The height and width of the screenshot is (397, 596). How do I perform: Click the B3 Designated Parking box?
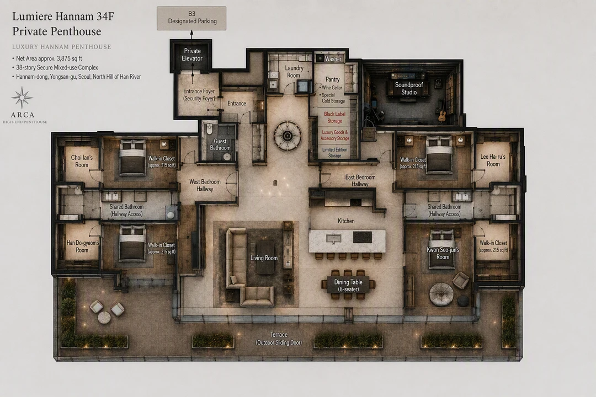[x=191, y=18]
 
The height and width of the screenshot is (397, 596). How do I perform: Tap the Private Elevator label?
[x=193, y=55]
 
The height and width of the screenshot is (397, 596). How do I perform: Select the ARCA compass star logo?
[x=22, y=98]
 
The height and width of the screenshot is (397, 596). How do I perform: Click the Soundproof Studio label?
[x=409, y=89]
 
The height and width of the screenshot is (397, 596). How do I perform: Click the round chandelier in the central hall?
[x=288, y=136]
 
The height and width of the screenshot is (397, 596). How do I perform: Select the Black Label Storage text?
[x=335, y=117]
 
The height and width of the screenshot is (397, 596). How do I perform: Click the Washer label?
[x=333, y=59]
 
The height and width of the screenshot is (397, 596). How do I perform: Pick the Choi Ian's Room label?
[x=82, y=161]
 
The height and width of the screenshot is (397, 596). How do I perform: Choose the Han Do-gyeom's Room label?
[x=82, y=246]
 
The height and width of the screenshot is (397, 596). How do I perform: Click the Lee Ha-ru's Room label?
[x=493, y=160]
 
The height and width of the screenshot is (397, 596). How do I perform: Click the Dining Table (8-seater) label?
[x=349, y=286]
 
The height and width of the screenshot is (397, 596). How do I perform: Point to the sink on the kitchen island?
[x=333, y=238]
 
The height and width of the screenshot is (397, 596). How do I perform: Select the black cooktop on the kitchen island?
[x=362, y=237]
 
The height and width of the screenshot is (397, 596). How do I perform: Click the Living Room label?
[x=264, y=258]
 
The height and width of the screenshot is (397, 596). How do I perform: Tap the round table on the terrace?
[x=104, y=317]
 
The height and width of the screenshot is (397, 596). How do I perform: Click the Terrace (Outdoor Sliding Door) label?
[x=279, y=339]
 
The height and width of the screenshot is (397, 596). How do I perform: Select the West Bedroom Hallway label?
[x=205, y=185]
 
